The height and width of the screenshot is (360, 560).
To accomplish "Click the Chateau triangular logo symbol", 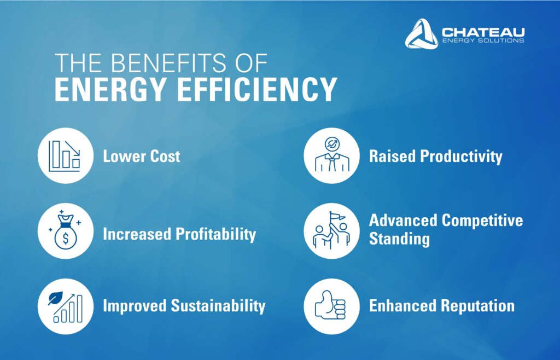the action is point(422,34).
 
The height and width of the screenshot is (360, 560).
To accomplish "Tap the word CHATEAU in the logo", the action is point(483,32).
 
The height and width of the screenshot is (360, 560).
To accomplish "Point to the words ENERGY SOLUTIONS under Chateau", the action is point(483,40).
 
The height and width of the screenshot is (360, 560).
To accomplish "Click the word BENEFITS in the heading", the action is point(168,63).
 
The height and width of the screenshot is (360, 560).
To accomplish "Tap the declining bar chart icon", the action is point(65,156).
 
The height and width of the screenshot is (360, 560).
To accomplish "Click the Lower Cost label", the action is point(142,156).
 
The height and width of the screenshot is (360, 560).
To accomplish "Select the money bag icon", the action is point(66,230).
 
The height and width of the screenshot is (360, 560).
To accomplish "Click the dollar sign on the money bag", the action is point(66,238).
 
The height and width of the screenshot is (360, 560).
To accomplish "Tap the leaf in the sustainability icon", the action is point(55,298).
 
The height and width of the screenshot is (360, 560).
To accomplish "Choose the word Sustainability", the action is point(218,306).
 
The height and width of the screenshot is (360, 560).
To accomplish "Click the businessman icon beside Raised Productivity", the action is point(332,155).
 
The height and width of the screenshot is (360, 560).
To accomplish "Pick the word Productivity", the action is point(461,157).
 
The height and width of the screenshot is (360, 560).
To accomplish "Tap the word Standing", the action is point(399,239).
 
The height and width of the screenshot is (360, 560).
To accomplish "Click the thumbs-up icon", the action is point(330,305).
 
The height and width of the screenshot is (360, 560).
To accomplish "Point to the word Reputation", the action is point(477,306).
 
